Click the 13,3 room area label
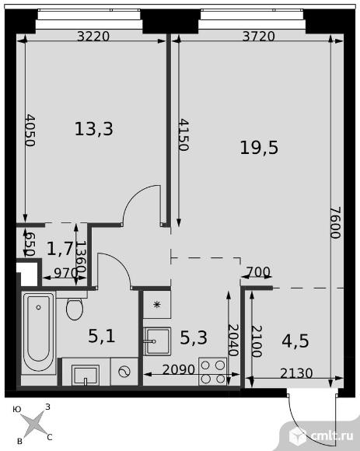[x=94, y=128]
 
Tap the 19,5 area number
[x=259, y=148]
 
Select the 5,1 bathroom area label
[x=102, y=336]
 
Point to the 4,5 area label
[x=295, y=341]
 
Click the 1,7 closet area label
[x=60, y=249]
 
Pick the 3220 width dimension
[x=93, y=37]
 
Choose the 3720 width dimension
[x=258, y=37]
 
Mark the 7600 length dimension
[x=335, y=222]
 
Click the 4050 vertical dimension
[x=30, y=131]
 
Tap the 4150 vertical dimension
[x=183, y=135]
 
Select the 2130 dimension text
[x=296, y=373]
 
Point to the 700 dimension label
[x=258, y=272]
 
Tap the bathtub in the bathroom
[x=39, y=333]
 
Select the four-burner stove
[x=213, y=372]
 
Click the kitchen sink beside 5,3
[x=157, y=341]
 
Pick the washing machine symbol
[x=124, y=372]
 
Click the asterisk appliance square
[x=157, y=304]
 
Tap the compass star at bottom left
[x=34, y=424]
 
